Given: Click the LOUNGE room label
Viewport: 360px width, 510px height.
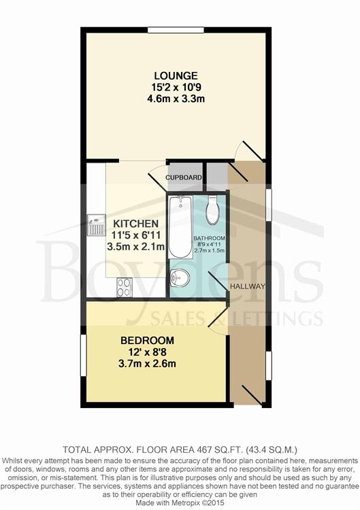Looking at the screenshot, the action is (x=176, y=75).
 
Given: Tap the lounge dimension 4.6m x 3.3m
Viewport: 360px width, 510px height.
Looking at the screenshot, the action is (x=176, y=99).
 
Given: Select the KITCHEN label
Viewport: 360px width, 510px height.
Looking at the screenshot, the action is (x=135, y=224).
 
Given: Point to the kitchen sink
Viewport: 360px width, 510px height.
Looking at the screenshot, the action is (x=96, y=224).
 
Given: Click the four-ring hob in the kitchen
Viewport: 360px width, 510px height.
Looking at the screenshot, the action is (x=125, y=287).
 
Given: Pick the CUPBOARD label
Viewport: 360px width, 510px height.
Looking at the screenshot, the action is (x=184, y=177).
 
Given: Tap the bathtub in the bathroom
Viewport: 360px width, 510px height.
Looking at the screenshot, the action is (x=180, y=227).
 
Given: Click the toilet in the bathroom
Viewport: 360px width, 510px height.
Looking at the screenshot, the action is (x=213, y=210).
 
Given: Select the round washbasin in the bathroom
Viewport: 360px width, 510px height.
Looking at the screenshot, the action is (x=180, y=278).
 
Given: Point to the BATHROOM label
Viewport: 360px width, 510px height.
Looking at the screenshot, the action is (x=210, y=239).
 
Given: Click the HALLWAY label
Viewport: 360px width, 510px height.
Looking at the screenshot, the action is (x=248, y=286).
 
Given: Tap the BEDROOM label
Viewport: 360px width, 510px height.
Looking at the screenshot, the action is (x=147, y=341).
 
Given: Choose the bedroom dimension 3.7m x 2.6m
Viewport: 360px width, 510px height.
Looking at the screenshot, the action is (x=147, y=363).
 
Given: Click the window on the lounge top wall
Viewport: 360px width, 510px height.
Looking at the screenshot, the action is (x=176, y=30).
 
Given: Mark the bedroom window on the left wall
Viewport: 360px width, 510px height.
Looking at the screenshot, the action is (x=84, y=356).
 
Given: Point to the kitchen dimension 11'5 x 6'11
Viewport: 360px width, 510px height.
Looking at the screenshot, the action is (x=135, y=235).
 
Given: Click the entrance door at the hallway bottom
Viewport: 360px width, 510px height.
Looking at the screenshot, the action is (x=252, y=396).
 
